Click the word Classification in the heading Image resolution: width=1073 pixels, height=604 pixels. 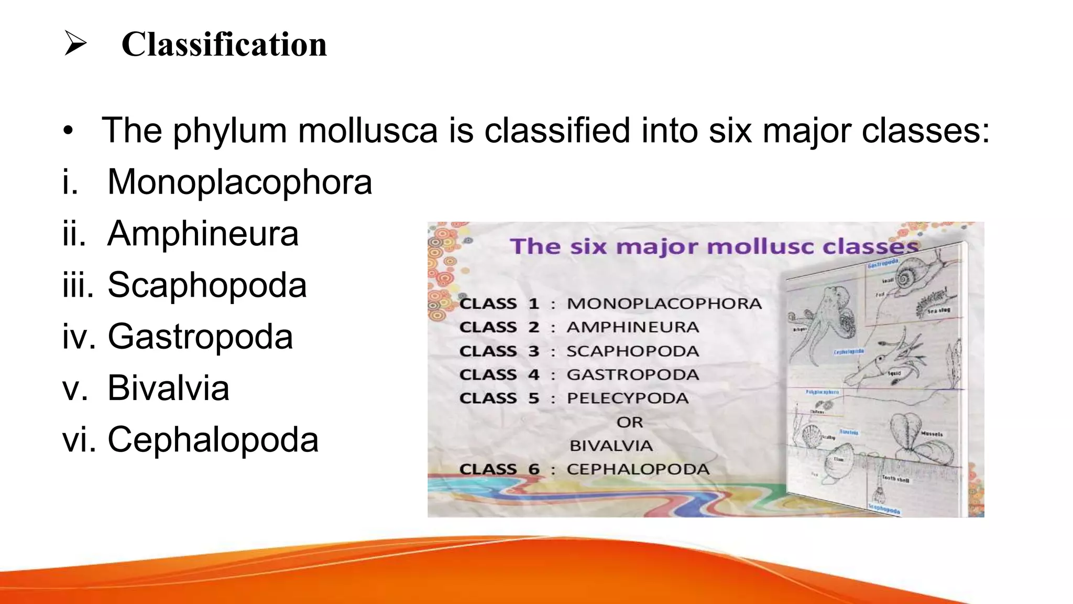[x=224, y=44]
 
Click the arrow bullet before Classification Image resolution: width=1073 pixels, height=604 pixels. [x=75, y=43]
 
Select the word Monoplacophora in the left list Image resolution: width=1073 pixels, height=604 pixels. [x=239, y=182]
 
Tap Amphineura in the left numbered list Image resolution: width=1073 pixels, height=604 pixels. [x=203, y=233]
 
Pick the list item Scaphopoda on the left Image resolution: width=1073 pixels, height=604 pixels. [x=207, y=285]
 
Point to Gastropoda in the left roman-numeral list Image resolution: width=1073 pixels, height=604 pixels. [x=200, y=336]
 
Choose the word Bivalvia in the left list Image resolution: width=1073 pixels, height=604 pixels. [x=168, y=388]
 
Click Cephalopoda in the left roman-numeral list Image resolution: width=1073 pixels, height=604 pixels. [x=213, y=439]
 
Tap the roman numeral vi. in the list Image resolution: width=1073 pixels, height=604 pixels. [x=79, y=439]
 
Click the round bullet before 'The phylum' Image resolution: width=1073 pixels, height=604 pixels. [x=68, y=131]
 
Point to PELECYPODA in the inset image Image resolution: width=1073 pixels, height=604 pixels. [x=628, y=398]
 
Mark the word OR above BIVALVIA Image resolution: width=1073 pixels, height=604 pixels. [x=629, y=422]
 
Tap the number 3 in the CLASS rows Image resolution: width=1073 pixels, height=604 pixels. [x=533, y=351]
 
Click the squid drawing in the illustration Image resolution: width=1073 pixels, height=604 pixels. [x=885, y=362]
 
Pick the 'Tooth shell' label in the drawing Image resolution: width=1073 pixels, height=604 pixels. [x=895, y=479]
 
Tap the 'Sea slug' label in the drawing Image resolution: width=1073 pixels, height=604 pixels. [x=938, y=311]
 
